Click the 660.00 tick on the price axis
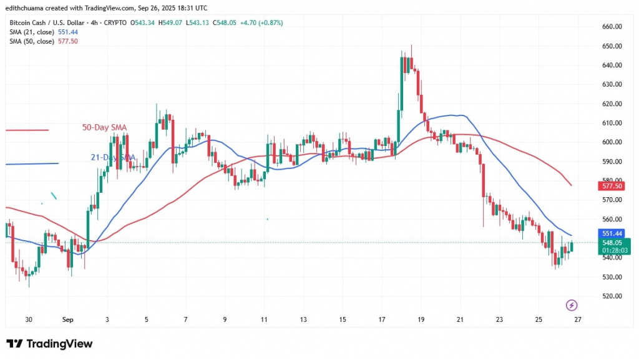[x=613, y=27]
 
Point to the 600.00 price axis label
[x=613, y=142]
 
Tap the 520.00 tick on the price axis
[x=613, y=296]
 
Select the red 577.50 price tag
[x=613, y=186]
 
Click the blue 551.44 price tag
[x=613, y=232]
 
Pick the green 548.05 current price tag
[x=613, y=242]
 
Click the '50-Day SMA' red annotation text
[x=104, y=128]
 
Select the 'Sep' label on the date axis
[x=67, y=319]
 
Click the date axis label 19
[x=421, y=319]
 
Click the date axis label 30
[x=29, y=319]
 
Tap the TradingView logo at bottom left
[x=49, y=344]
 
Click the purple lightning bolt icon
[x=570, y=305]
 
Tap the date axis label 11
[x=265, y=319]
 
